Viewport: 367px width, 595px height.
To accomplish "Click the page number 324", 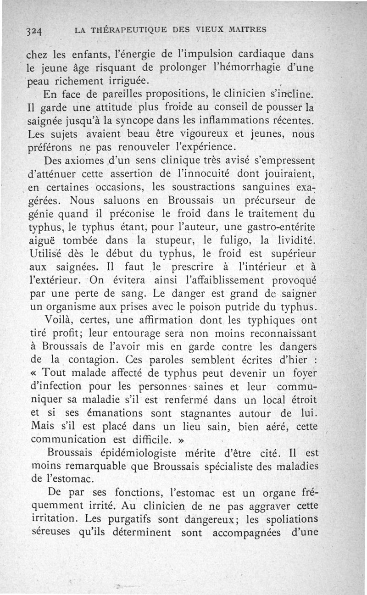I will click(34, 31).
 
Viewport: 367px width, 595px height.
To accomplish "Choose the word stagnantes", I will click(214, 413).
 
